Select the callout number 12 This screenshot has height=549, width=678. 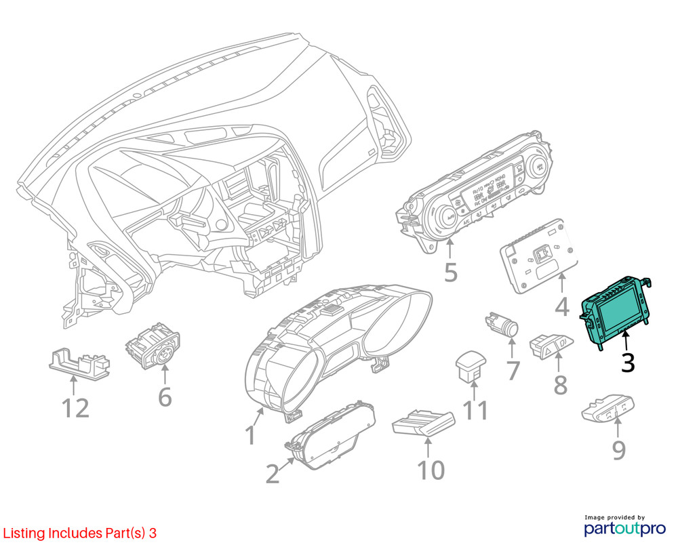(x=75, y=408)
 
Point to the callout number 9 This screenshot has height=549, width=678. (x=618, y=449)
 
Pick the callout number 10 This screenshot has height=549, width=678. (x=431, y=469)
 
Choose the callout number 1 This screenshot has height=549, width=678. (x=250, y=434)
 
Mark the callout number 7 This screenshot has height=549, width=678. (x=513, y=370)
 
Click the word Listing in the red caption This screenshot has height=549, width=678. (x=24, y=533)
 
